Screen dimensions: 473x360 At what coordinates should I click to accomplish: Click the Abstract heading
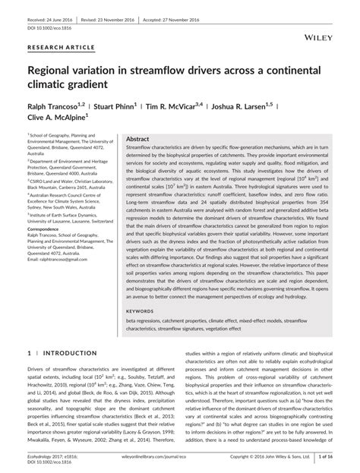pos(137,140)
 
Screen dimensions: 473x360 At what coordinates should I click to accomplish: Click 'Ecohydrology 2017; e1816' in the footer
pos(50,458)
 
